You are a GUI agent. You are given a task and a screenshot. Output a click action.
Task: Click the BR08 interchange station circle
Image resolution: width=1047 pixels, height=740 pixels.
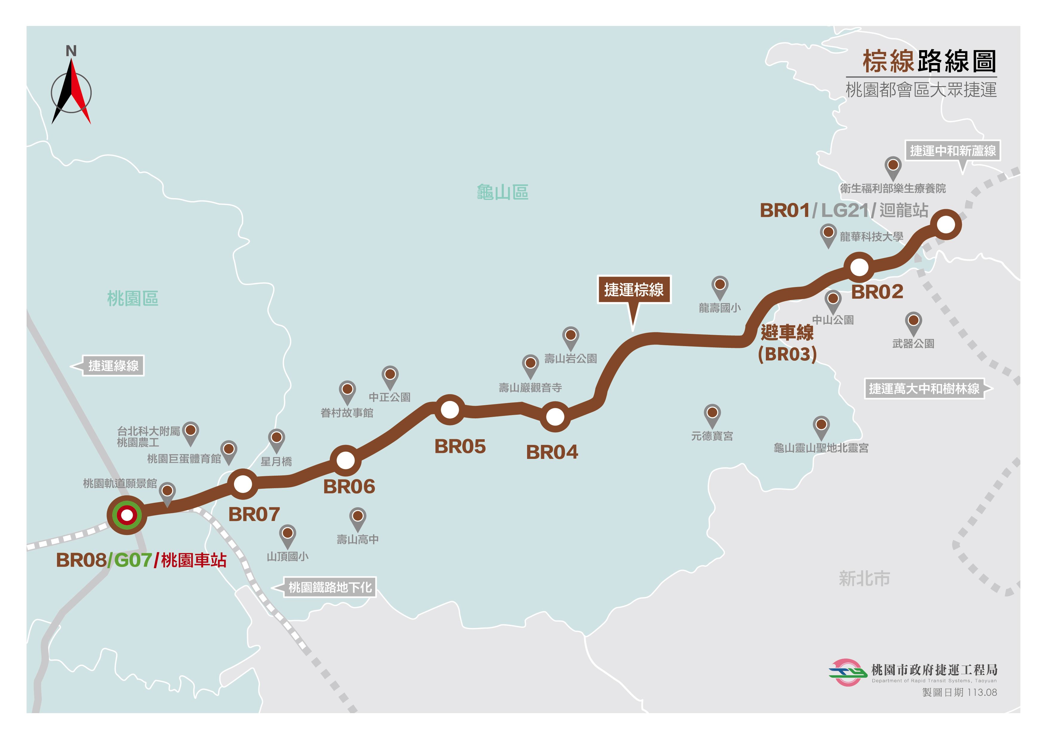(127, 515)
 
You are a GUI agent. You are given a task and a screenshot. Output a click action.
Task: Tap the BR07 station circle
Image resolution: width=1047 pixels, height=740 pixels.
(243, 484)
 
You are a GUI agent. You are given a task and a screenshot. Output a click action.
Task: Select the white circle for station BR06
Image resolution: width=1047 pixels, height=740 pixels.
(345, 460)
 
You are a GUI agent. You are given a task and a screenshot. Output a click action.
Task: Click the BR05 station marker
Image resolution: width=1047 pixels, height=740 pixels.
(449, 409)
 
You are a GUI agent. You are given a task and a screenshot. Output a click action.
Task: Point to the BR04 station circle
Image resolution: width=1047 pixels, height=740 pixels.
(555, 416)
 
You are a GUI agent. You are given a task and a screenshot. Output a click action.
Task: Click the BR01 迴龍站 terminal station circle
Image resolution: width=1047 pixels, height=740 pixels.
(946, 224)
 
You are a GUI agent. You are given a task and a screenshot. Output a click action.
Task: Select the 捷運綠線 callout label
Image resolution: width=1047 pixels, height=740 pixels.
(113, 366)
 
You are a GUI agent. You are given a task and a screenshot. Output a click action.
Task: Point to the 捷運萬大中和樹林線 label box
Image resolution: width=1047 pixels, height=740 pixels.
(924, 388)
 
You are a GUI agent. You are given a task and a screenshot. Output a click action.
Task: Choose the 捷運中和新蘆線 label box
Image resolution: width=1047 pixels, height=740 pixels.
(953, 150)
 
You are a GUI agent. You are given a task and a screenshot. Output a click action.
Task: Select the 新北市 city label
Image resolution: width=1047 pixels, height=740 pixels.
(864, 579)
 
